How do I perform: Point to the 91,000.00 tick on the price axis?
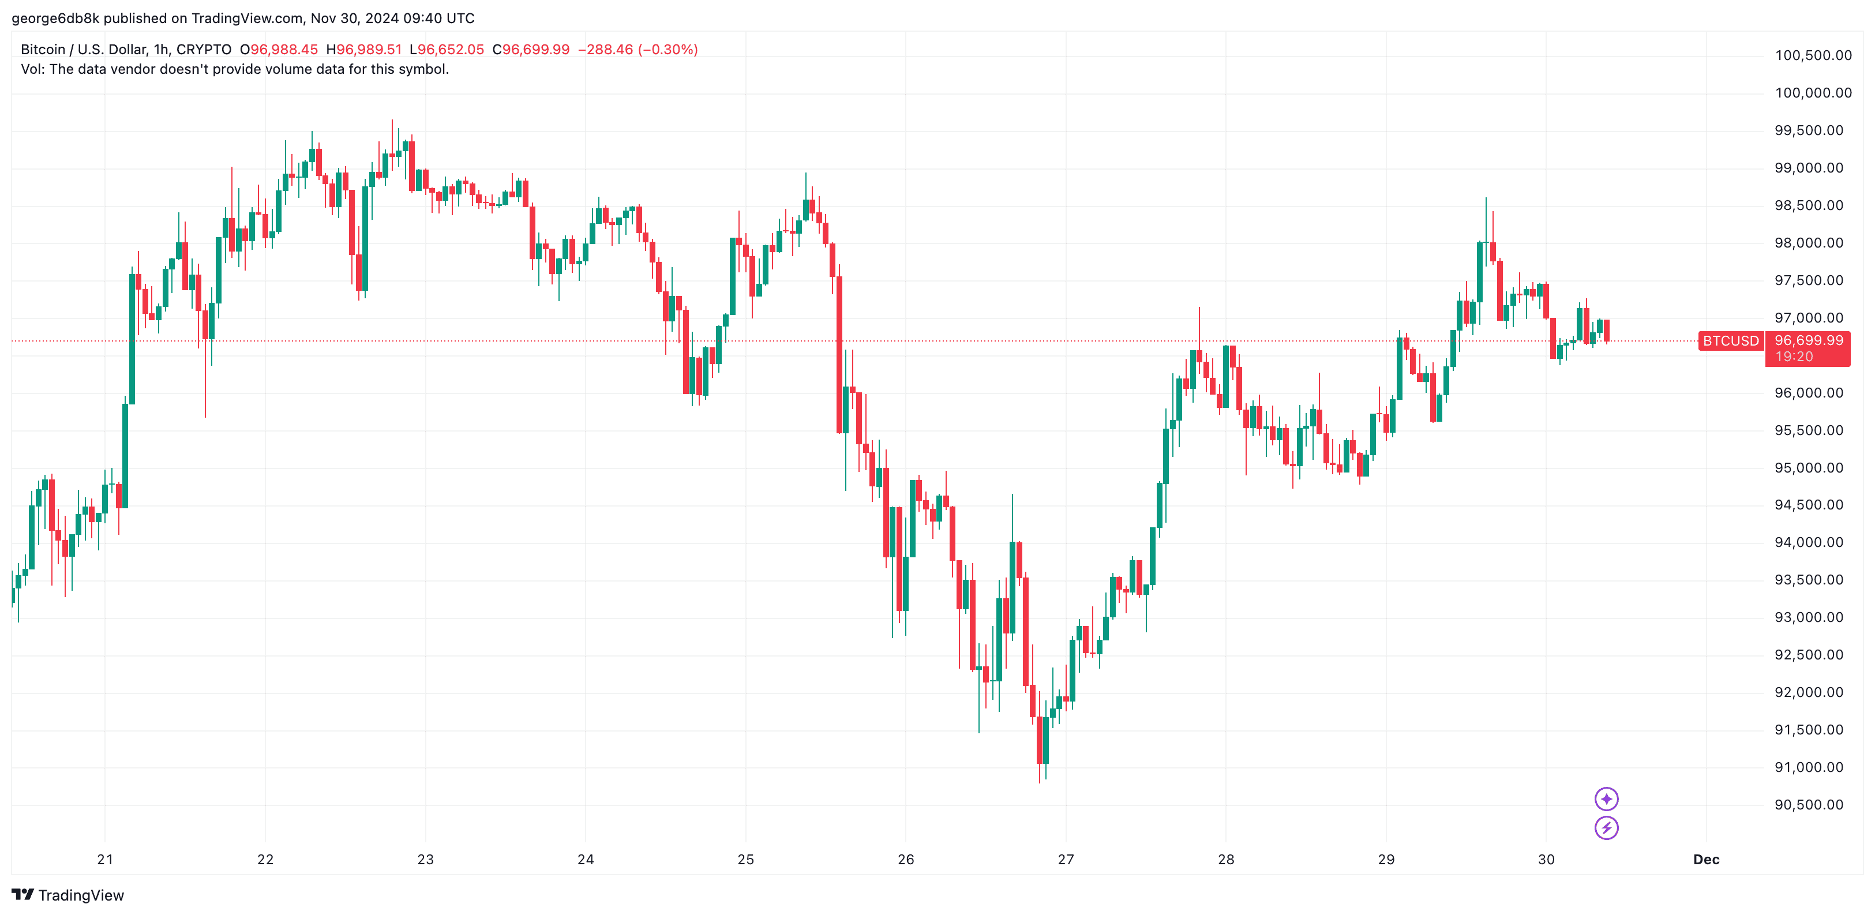click(1809, 767)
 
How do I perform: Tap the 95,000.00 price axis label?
click(1809, 468)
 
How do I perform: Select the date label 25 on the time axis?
click(745, 860)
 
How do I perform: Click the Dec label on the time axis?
click(1705, 860)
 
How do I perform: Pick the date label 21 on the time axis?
click(105, 860)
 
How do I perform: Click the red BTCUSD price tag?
click(1730, 340)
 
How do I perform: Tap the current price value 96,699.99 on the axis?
click(1808, 340)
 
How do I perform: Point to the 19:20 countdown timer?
click(1794, 357)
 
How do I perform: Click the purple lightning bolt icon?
click(1606, 828)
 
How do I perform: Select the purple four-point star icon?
click(1606, 799)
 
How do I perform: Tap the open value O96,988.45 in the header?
click(279, 50)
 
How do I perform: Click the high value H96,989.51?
click(364, 50)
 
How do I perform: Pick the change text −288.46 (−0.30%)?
click(637, 50)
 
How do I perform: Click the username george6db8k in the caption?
click(55, 18)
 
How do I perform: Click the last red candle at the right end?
click(1606, 330)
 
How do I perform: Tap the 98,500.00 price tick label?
click(1809, 206)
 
